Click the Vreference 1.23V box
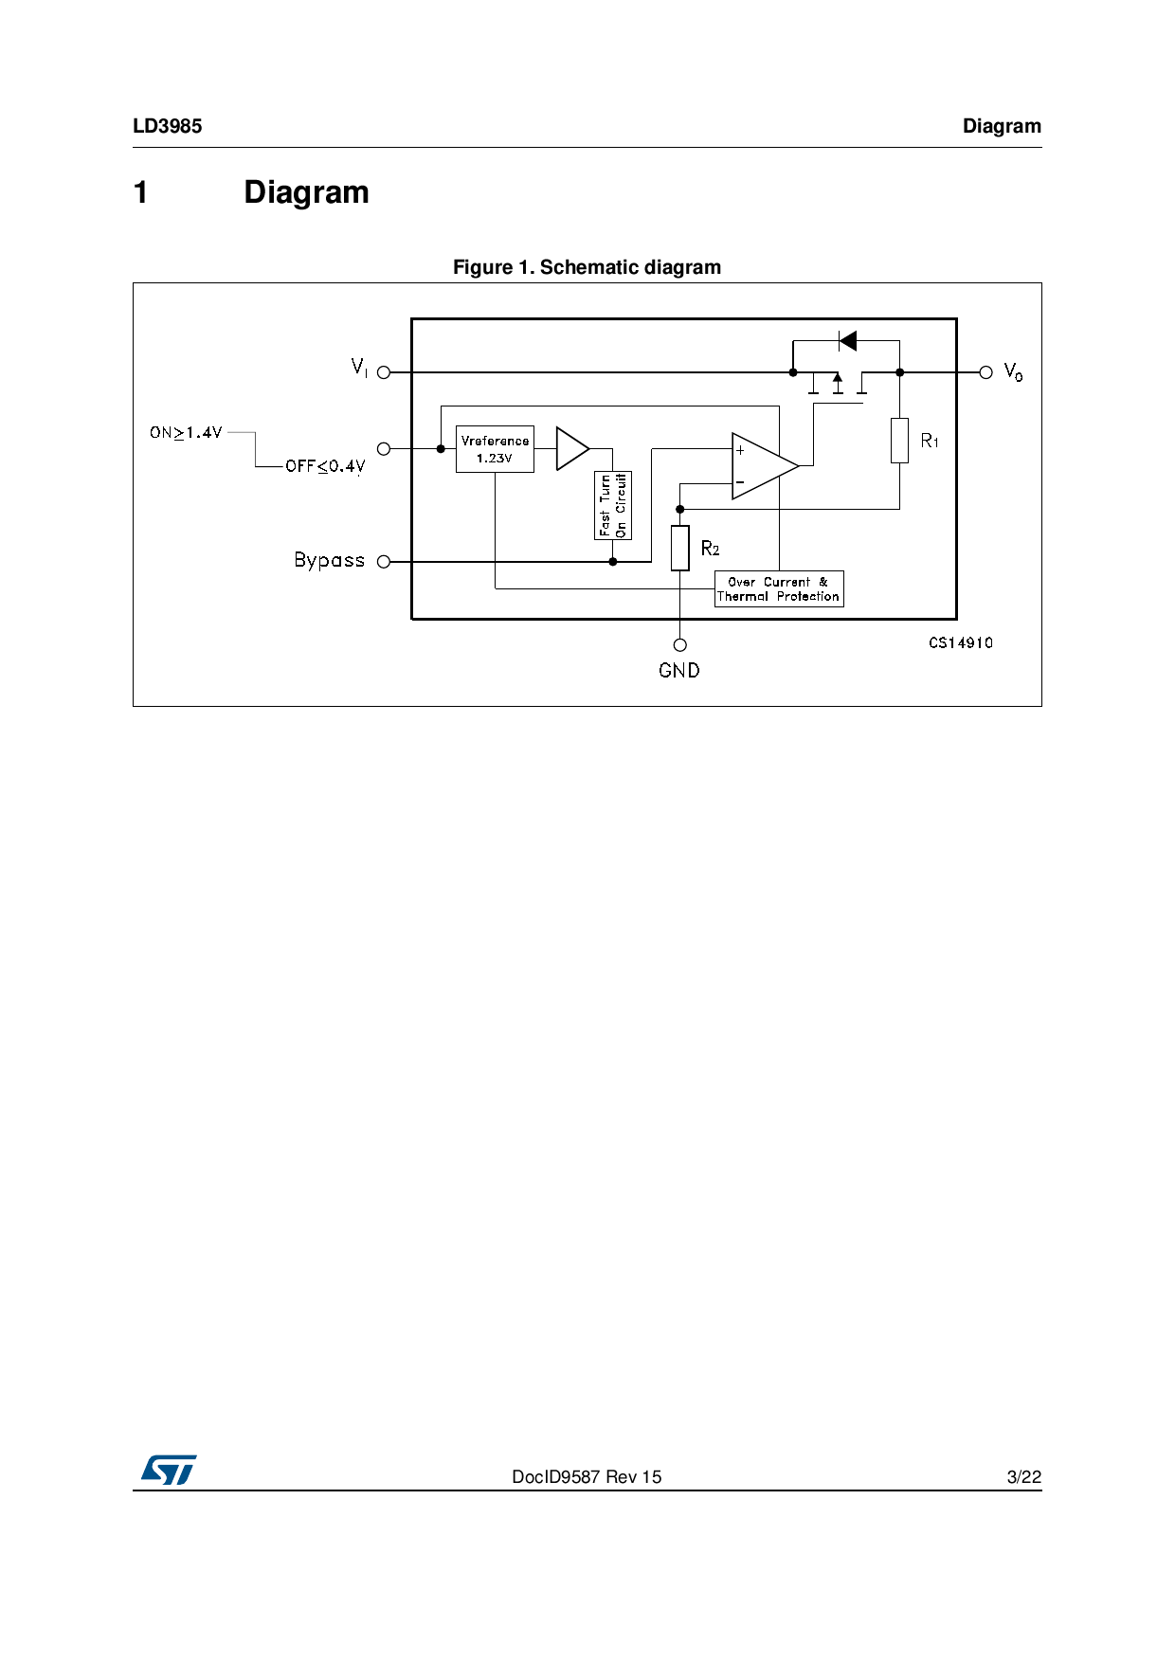[x=495, y=449]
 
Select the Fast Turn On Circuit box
[x=612, y=505]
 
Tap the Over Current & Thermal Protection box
[x=779, y=588]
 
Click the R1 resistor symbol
[x=899, y=441]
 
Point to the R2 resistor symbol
[x=679, y=549]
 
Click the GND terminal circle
[x=679, y=645]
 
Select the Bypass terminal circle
[x=384, y=562]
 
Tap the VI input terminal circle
[x=384, y=372]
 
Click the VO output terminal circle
[x=985, y=372]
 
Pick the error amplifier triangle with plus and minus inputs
[x=764, y=465]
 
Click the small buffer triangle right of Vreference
[x=571, y=448]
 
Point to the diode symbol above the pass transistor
[x=847, y=340]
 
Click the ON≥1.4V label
[x=186, y=433]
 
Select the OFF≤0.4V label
[x=325, y=466]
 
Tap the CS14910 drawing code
[x=961, y=642]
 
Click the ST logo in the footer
[x=169, y=1470]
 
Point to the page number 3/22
[x=1024, y=1476]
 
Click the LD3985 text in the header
[x=168, y=126]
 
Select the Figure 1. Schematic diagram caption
[x=587, y=267]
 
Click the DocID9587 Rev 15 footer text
[x=587, y=1476]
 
